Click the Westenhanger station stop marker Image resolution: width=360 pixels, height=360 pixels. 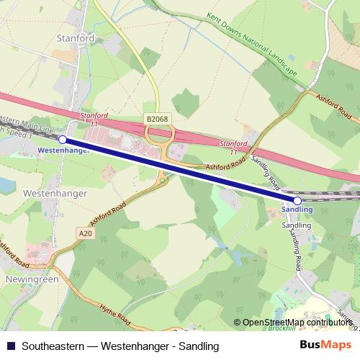pyautogui.click(x=63, y=139)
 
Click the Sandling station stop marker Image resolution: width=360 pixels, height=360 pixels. pyautogui.click(x=297, y=200)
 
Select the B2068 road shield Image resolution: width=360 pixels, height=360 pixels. pyautogui.click(x=156, y=118)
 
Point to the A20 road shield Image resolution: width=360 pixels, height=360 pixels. pyautogui.click(x=85, y=233)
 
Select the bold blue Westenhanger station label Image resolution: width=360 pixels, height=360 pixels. pyautogui.click(x=62, y=151)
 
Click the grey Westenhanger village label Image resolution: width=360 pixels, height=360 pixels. pyautogui.click(x=55, y=194)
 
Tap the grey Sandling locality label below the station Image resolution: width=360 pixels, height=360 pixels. pyautogui.click(x=296, y=225)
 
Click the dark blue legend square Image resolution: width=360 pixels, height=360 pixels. pyautogui.click(x=9, y=346)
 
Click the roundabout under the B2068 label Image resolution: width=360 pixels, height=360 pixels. pyautogui.click(x=159, y=135)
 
